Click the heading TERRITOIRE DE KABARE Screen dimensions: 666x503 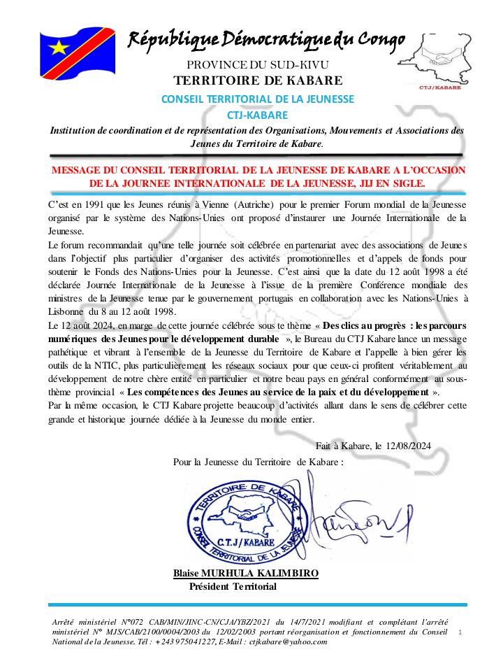(x=258, y=80)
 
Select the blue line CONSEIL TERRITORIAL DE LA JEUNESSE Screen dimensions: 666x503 (x=258, y=99)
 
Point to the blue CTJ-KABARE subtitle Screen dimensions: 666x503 (x=257, y=115)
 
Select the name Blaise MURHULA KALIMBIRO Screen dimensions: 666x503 (x=246, y=574)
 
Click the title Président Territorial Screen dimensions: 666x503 (x=233, y=586)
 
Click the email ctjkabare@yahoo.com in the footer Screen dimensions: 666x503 (x=286, y=641)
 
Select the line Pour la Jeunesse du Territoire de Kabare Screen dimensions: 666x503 (x=258, y=462)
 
